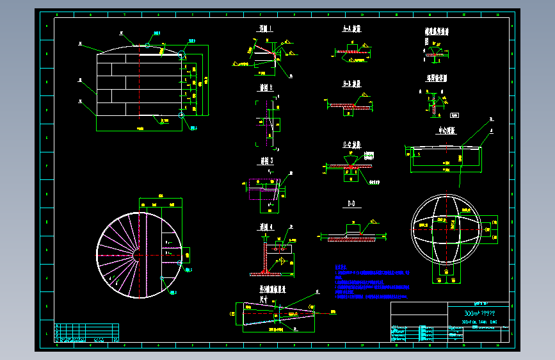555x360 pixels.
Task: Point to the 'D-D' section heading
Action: point(351,204)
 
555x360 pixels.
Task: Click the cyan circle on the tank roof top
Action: point(148,45)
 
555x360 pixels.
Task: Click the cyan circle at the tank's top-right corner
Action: point(181,54)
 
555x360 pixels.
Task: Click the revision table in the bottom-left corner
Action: point(86,333)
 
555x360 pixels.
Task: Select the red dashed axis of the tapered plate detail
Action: point(282,313)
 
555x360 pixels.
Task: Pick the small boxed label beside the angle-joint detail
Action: point(454,115)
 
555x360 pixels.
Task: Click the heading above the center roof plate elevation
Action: point(446,131)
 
